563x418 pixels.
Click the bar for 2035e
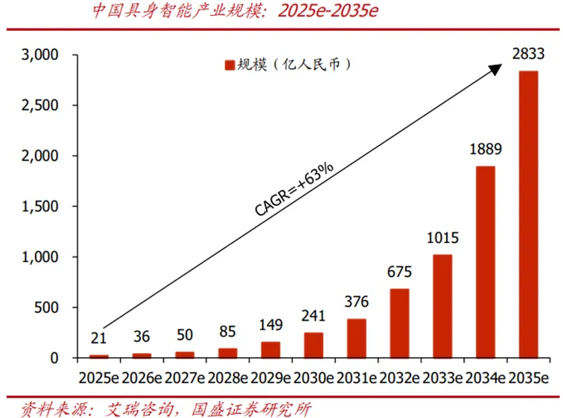[x=528, y=214]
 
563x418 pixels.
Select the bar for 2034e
[x=485, y=261]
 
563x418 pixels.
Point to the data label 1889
[x=485, y=149]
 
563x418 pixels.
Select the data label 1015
[x=442, y=237]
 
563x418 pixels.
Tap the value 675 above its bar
[x=399, y=272]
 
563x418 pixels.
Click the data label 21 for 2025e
[x=99, y=339]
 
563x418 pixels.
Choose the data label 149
[x=271, y=325]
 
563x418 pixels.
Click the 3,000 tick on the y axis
[x=40, y=55]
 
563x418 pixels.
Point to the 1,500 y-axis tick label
[x=40, y=207]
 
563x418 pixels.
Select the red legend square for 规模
[x=230, y=65]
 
